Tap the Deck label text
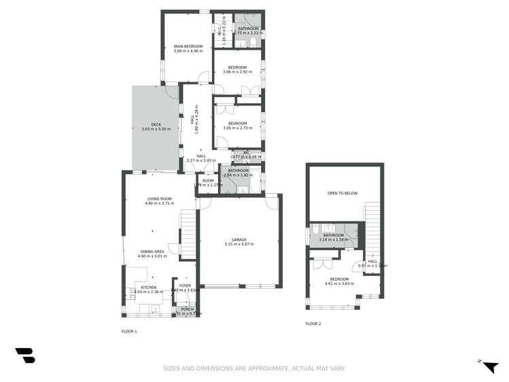tap(156, 124)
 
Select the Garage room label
tap(239, 240)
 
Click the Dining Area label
tap(151, 251)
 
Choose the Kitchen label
tap(148, 288)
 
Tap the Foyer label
tap(185, 285)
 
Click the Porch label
tap(187, 309)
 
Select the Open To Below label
tap(343, 193)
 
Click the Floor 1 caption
tap(129, 331)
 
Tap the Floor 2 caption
tap(313, 324)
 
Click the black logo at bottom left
tap(25, 355)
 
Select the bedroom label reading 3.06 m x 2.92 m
tap(237, 68)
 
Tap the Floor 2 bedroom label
tap(339, 279)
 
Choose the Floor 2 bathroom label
tap(334, 236)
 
